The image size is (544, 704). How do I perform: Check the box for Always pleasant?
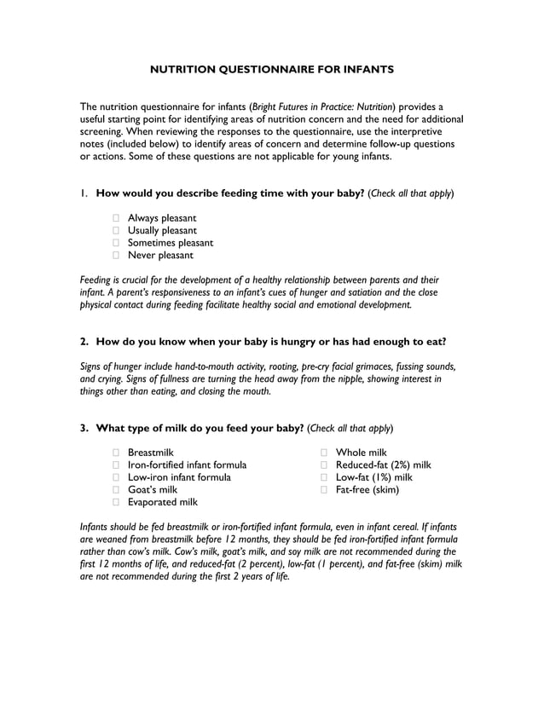117,219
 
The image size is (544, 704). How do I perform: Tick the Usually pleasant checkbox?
117,231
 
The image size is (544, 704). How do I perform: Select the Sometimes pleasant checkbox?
117,243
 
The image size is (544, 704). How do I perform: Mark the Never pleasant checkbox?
117,255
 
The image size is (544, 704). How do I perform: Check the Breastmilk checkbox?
117,453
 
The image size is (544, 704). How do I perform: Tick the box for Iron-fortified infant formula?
117,465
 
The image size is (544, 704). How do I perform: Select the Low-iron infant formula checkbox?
117,477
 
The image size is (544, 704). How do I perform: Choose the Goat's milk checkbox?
117,490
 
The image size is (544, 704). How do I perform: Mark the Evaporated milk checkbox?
117,502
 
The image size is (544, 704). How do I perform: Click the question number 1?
84,193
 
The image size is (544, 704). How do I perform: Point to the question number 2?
84,342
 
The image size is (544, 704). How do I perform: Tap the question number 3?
84,428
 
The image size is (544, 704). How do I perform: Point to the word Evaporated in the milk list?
152,502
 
